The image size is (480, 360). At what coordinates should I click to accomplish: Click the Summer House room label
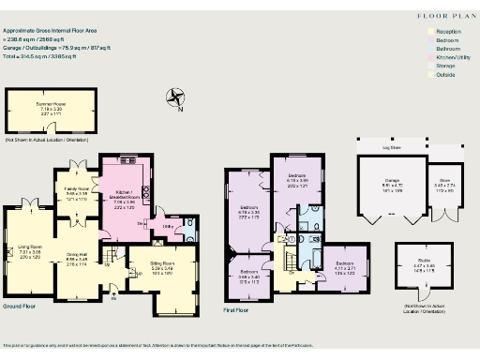click(x=51, y=108)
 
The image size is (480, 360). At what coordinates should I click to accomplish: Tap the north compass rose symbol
click(x=174, y=96)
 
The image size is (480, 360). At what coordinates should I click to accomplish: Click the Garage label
click(x=392, y=184)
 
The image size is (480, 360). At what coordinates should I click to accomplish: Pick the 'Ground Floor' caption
click(x=20, y=307)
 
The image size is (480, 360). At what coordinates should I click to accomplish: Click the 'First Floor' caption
click(x=241, y=308)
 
